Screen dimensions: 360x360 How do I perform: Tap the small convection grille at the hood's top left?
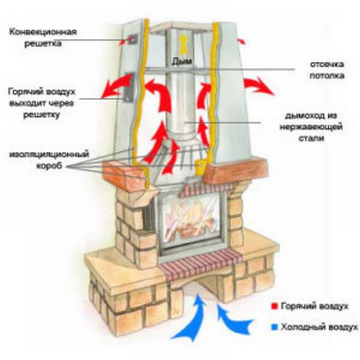(x=132, y=40)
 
